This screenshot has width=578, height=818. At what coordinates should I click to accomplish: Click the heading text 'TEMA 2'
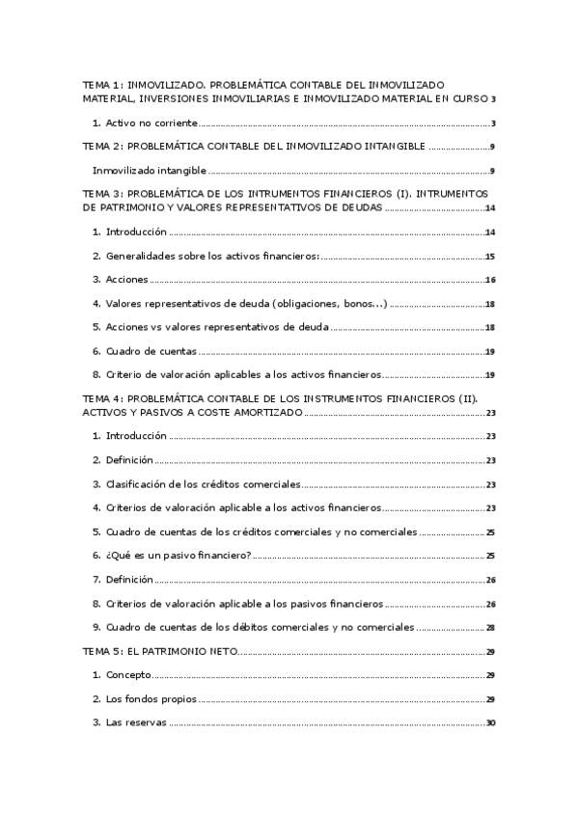(x=101, y=148)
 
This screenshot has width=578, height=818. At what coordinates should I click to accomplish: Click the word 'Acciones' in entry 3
(x=127, y=280)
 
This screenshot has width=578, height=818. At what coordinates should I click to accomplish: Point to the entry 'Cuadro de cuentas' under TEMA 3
(x=151, y=351)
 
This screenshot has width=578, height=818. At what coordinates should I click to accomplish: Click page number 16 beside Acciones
(x=490, y=280)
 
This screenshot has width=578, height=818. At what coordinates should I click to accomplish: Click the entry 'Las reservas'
(x=136, y=723)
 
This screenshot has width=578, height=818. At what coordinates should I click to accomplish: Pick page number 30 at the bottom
(x=490, y=723)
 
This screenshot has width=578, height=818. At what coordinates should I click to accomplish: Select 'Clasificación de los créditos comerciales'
(x=203, y=484)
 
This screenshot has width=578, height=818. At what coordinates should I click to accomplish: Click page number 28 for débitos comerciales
(x=490, y=627)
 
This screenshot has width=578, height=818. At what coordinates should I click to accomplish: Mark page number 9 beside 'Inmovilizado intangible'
(x=492, y=172)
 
